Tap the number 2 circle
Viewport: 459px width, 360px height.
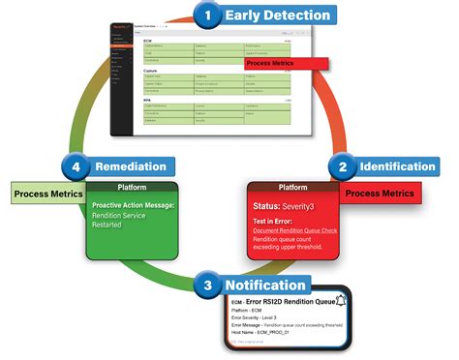tap(343, 166)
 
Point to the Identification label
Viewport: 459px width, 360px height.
tap(399, 166)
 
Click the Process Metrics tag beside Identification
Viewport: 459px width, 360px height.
tap(380, 194)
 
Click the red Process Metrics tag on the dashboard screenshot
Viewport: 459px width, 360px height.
tap(286, 64)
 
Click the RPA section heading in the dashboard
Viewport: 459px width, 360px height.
tap(148, 100)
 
